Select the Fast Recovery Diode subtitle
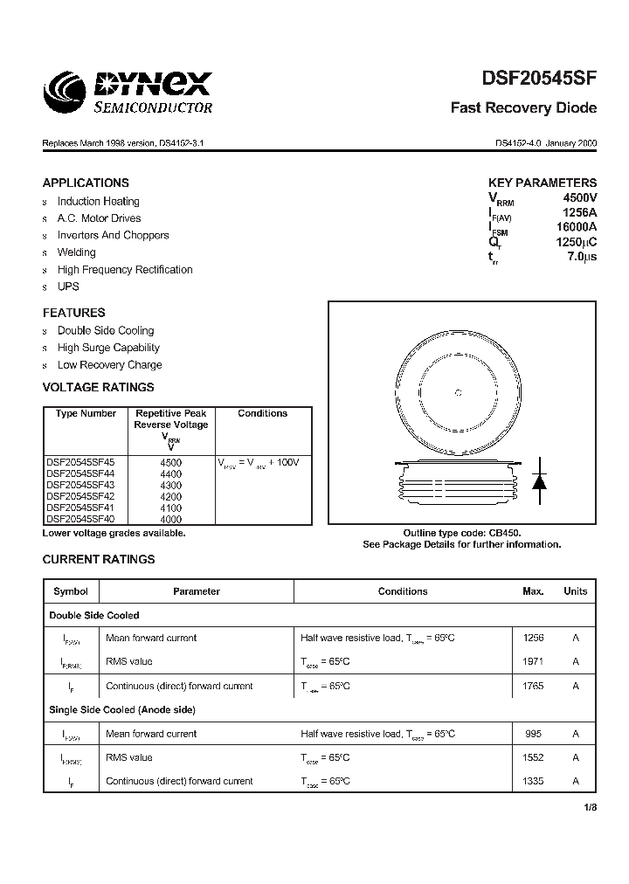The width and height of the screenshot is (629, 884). pos(523,108)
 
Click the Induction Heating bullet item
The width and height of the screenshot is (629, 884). pos(98,201)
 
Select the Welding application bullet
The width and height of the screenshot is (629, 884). pos(77,252)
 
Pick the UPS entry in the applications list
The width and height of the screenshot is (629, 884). pos(68,287)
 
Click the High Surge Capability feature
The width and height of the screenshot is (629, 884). pos(108,348)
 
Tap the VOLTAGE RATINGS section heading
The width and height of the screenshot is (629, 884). pos(98,387)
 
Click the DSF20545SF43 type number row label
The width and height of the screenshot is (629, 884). pos(79,485)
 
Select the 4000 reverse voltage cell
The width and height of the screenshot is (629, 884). pos(171,519)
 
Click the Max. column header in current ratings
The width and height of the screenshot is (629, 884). pos(533,591)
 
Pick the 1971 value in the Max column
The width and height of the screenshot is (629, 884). pos(533,662)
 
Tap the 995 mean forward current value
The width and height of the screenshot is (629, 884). pos(533,734)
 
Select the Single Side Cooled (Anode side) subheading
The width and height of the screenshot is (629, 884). pos(122,710)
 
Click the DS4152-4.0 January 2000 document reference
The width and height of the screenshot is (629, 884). pos(546,142)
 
